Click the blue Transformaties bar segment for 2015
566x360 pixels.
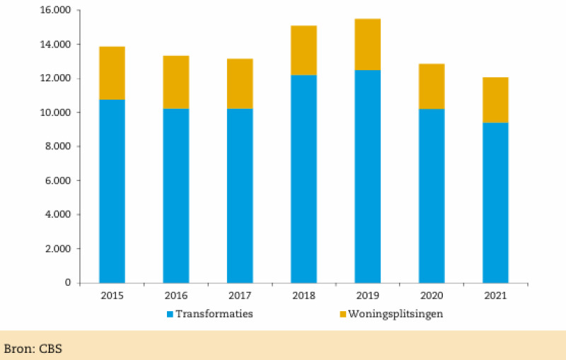click(112, 191)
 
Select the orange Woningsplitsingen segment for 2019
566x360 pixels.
click(368, 45)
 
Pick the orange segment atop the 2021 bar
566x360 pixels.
click(495, 100)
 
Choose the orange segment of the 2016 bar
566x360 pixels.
click(175, 82)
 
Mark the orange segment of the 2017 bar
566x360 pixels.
click(240, 83)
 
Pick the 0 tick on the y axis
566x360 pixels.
click(68, 283)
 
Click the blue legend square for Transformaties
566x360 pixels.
click(170, 314)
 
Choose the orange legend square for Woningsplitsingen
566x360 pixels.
click(344, 314)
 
